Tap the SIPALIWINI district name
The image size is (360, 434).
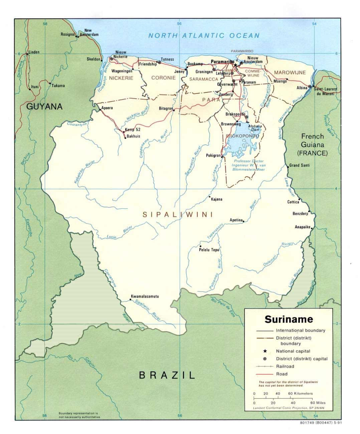click(178, 215)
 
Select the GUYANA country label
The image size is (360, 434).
click(44, 106)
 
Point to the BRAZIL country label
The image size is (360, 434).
click(167, 375)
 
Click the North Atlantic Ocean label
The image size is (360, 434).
click(204, 36)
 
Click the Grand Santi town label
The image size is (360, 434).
click(299, 165)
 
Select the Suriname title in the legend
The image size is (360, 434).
click(289, 319)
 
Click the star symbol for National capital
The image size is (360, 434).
click(264, 351)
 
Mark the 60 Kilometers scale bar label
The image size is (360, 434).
click(300, 394)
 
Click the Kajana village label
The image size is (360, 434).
click(216, 199)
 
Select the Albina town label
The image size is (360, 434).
click(302, 88)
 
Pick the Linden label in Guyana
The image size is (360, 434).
click(34, 52)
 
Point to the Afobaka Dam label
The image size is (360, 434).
click(255, 128)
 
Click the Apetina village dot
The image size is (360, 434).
click(243, 221)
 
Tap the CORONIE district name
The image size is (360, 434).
click(163, 78)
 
